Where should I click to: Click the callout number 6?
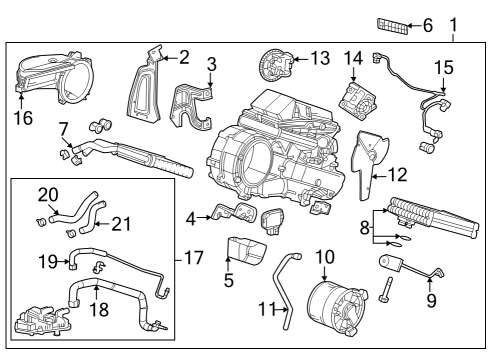(x=428, y=25)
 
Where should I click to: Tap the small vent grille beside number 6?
(x=391, y=25)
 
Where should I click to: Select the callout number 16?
(x=22, y=118)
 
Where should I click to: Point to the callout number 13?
(x=319, y=58)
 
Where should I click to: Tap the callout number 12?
(x=397, y=174)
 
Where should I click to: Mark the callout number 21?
(x=121, y=222)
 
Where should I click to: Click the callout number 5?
(x=229, y=281)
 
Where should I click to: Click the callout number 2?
(x=183, y=57)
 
